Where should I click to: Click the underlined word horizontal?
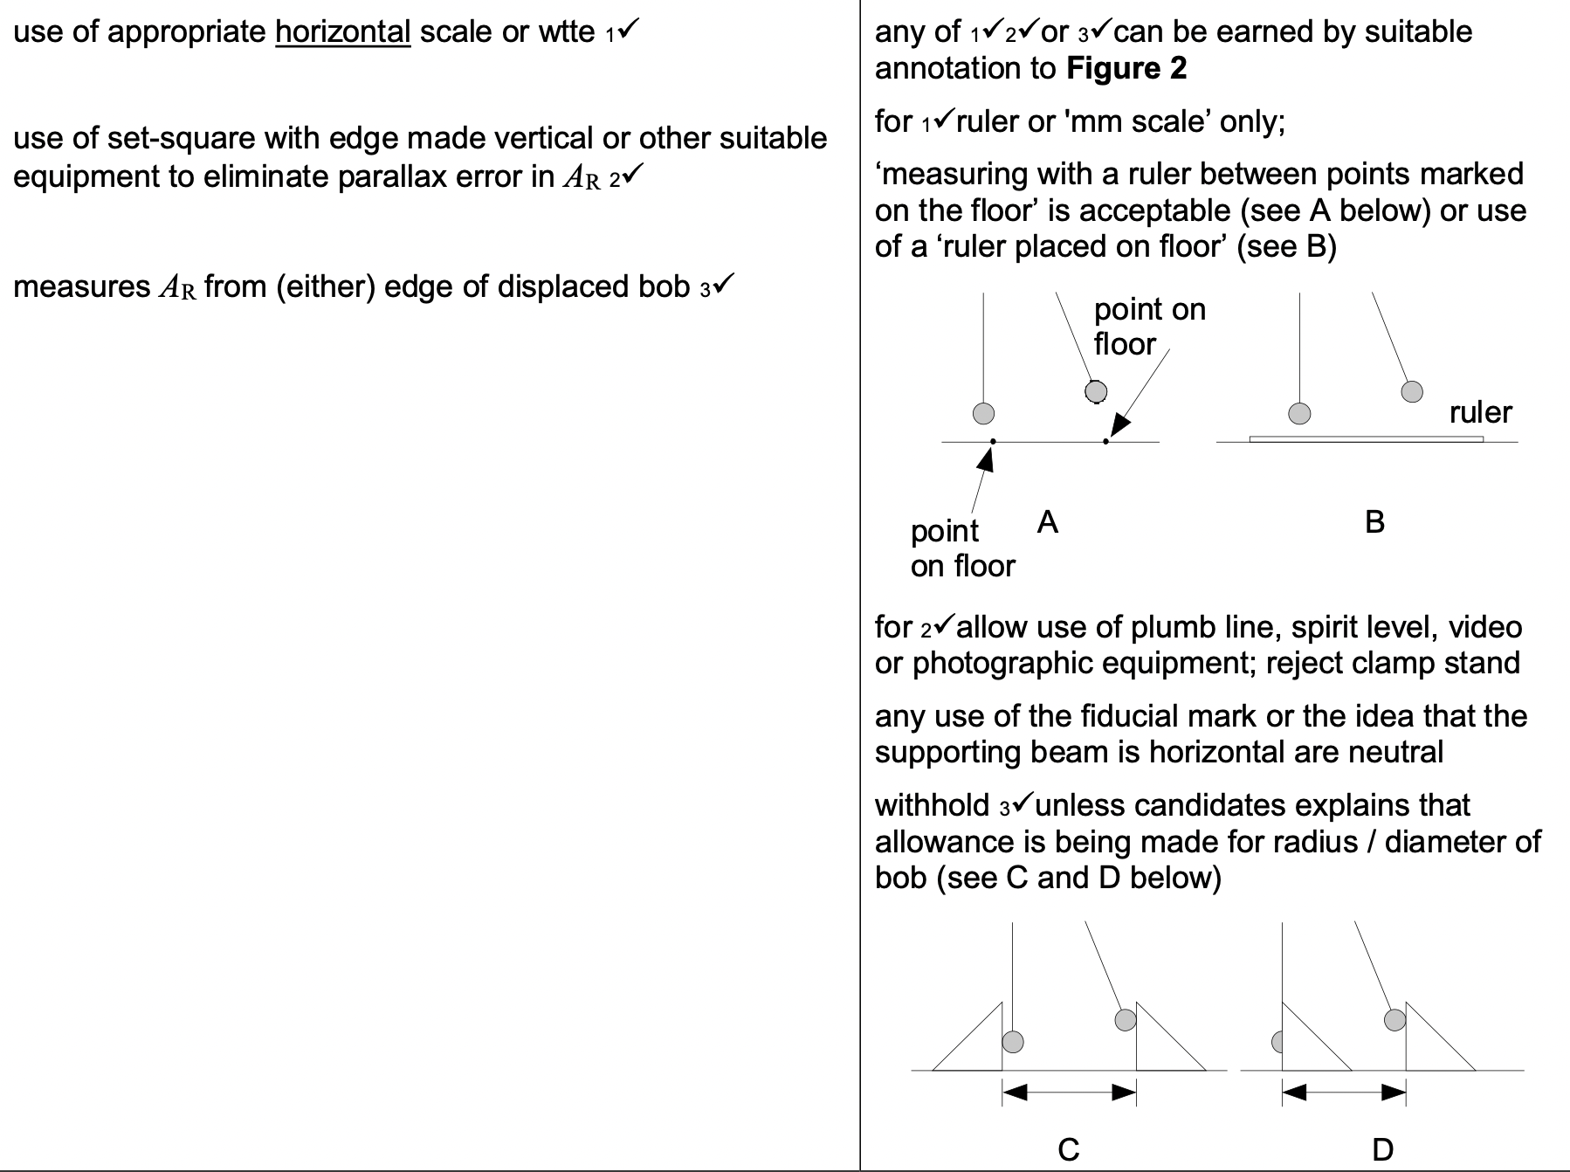(x=342, y=32)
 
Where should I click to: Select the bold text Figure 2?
(x=1126, y=68)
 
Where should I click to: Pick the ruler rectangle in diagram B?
(x=1366, y=438)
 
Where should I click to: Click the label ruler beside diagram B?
(x=1480, y=412)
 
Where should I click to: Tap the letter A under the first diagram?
(x=1047, y=522)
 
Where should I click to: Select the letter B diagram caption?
(x=1374, y=522)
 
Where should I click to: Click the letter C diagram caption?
(x=1068, y=1149)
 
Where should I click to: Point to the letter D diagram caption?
(x=1382, y=1149)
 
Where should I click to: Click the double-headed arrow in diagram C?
(x=1069, y=1092)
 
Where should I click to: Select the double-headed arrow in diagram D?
(x=1344, y=1092)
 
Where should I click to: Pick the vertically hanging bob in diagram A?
(x=983, y=413)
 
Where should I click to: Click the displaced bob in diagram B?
(x=1412, y=391)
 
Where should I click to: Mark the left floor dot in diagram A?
(x=993, y=442)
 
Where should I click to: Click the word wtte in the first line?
(x=567, y=32)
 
